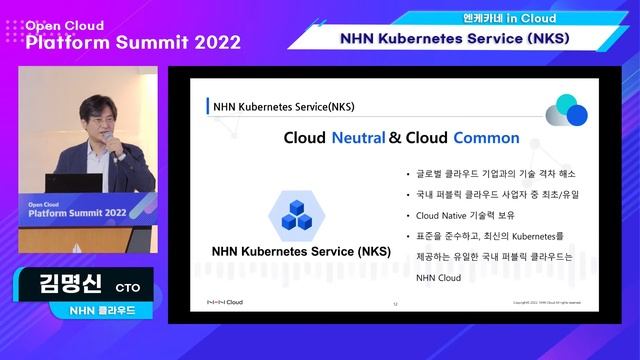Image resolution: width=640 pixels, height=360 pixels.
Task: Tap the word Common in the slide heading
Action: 486,138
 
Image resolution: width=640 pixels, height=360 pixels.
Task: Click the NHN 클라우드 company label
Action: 96,310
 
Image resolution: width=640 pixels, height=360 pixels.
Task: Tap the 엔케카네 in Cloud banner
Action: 489,18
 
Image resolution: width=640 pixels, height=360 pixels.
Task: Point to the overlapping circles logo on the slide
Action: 566,110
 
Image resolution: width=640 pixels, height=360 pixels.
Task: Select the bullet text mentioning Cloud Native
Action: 458,215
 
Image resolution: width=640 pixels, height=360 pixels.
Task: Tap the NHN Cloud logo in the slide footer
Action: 223,302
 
